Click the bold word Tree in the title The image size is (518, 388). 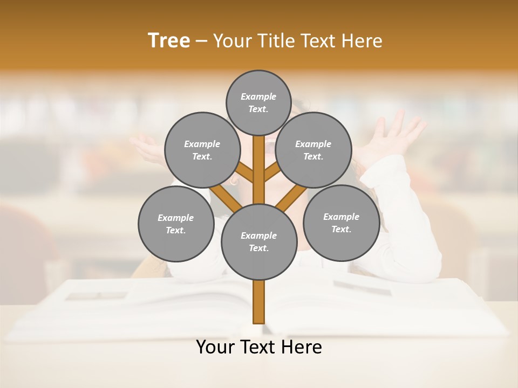click(x=169, y=40)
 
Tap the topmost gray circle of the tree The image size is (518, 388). click(x=258, y=102)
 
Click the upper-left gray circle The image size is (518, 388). click(x=202, y=150)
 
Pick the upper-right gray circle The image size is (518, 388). click(x=313, y=150)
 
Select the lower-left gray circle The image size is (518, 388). click(x=175, y=224)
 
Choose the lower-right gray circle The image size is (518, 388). click(x=341, y=223)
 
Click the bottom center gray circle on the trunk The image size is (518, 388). click(x=258, y=241)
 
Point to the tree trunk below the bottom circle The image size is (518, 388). click(x=258, y=302)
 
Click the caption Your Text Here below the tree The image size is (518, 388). click(x=258, y=347)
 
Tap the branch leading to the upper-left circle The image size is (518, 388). click(x=246, y=174)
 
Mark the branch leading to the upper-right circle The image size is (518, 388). click(x=271, y=174)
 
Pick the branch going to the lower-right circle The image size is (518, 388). click(x=291, y=198)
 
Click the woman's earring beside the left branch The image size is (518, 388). click(x=234, y=182)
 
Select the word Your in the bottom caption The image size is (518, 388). click(x=215, y=347)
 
